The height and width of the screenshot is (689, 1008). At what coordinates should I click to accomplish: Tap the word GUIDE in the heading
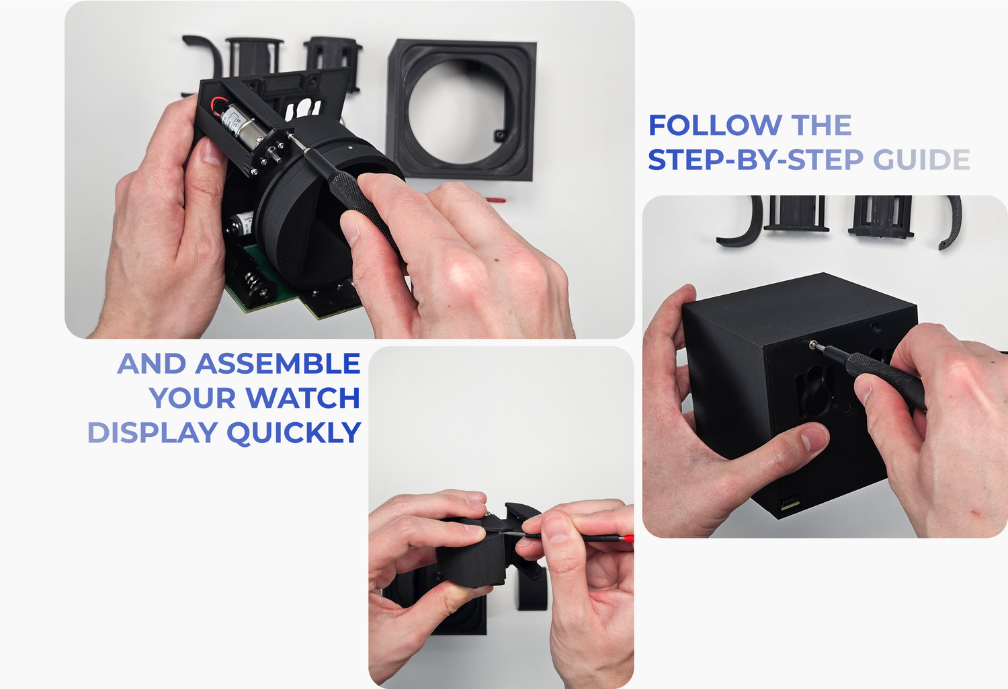pos(921,159)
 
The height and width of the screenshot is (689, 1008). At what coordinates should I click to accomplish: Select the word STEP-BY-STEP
pos(755,159)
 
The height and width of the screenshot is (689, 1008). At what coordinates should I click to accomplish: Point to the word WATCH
pos(303,398)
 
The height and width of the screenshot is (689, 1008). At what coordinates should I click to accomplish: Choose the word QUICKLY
pos(294,433)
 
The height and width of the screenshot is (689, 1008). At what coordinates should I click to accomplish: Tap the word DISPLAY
pos(153,432)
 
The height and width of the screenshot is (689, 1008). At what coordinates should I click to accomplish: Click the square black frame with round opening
pos(462,108)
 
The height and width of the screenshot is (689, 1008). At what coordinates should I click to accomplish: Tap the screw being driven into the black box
pos(812,346)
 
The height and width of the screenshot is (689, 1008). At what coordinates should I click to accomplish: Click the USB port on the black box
pos(791,501)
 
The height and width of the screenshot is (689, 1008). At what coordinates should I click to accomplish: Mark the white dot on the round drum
pos(351,147)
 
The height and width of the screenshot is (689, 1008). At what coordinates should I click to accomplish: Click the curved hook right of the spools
pos(950,222)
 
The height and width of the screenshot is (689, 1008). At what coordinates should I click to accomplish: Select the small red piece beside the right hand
pos(495,200)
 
